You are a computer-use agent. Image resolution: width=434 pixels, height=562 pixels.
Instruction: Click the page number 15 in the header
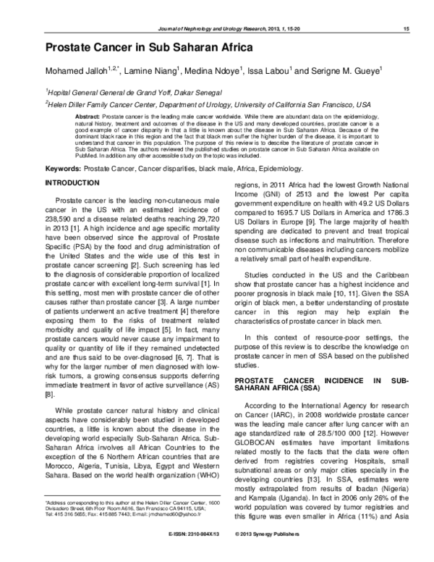pyautogui.click(x=408, y=28)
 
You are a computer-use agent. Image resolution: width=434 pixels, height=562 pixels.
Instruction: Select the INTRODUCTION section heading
pyautogui.click(x=71, y=184)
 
